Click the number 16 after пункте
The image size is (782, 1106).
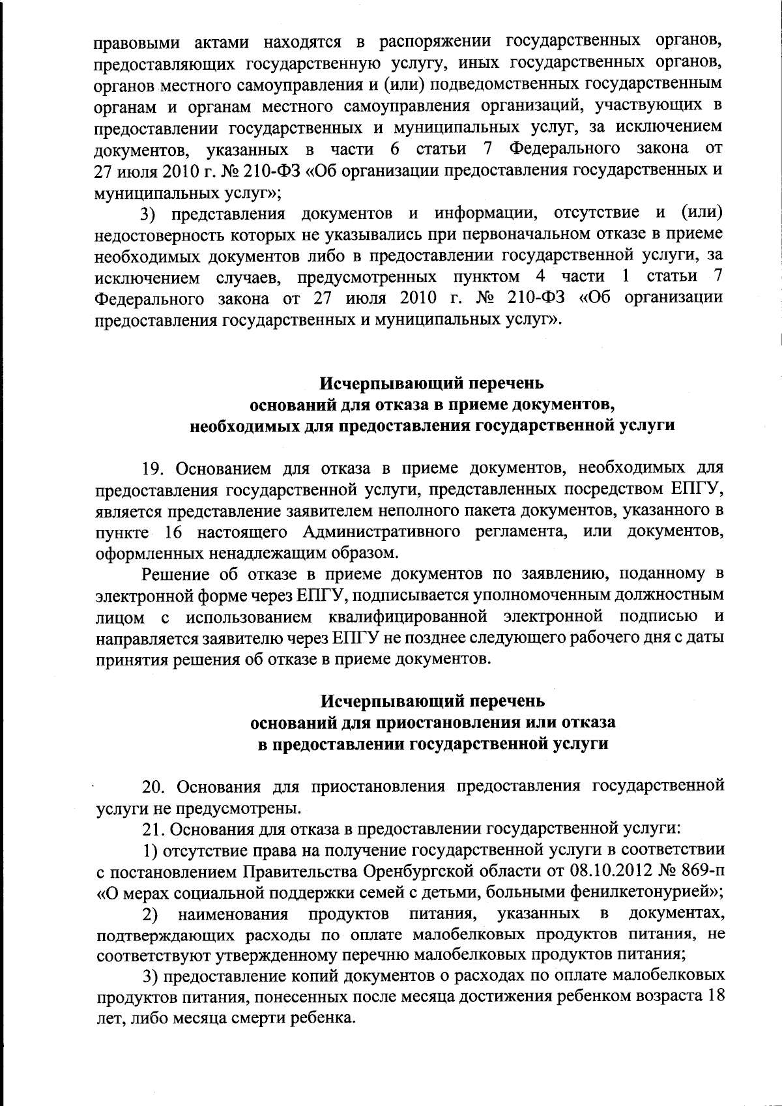173,531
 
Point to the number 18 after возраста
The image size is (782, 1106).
716,998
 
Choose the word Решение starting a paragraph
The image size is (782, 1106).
173,574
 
